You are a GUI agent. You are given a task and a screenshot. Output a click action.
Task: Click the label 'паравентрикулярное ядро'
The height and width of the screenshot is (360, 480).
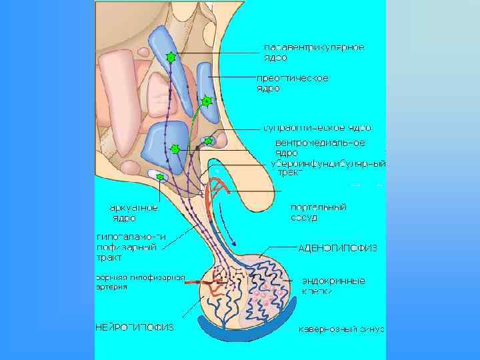(314, 52)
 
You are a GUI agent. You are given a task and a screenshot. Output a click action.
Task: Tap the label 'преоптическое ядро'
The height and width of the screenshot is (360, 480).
(293, 83)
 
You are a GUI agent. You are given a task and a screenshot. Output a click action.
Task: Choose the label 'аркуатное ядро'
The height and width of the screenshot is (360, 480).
(134, 213)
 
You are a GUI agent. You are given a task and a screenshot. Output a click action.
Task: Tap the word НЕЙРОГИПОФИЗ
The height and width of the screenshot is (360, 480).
(134, 327)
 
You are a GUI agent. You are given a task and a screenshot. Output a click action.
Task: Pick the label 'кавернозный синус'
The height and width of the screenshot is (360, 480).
(341, 329)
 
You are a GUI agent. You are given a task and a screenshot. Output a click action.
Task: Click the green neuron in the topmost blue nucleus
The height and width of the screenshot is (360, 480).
(171, 57)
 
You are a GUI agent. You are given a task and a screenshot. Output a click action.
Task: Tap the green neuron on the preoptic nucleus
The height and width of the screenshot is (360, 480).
(207, 101)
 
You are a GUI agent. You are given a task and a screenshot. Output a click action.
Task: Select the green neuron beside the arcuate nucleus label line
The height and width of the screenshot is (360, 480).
(160, 176)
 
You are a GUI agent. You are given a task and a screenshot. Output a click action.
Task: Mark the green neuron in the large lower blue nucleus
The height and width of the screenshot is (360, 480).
(175, 149)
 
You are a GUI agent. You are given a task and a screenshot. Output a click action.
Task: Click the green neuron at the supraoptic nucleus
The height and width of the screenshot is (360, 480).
(209, 141)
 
